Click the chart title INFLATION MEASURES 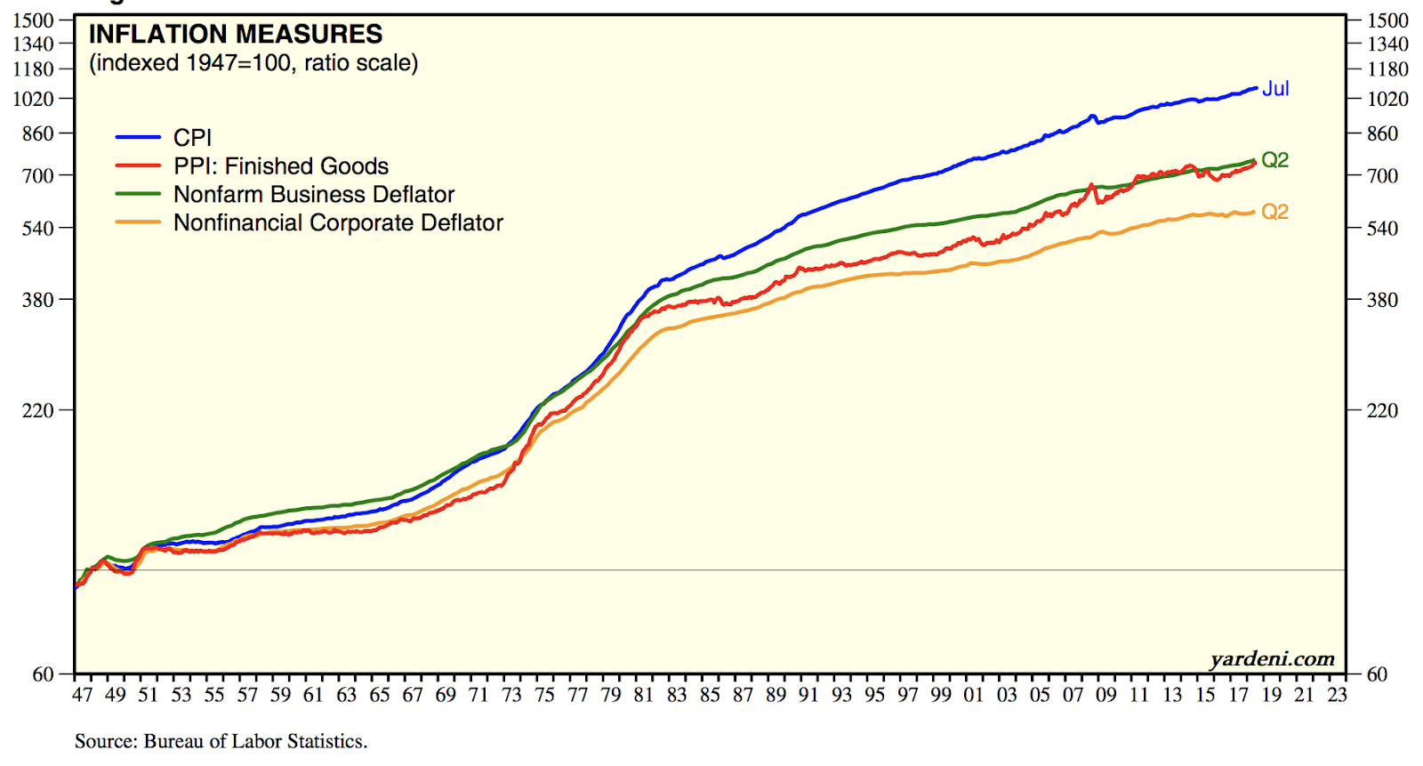tap(236, 35)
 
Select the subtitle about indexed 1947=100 tap(253, 63)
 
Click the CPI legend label tap(192, 138)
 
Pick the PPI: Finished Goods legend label tap(281, 166)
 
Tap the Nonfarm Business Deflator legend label tap(314, 195)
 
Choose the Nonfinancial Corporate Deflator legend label tap(338, 223)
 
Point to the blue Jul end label tap(1275, 89)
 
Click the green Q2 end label tap(1274, 160)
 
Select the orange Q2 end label tap(1274, 212)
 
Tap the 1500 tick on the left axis tap(34, 20)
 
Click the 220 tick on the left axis tap(38, 411)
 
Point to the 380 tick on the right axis tap(1382, 300)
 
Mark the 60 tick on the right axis tap(1377, 674)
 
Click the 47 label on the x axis tap(82, 695)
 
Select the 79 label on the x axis tap(610, 695)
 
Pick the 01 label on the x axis tap(974, 695)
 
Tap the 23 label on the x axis tap(1337, 695)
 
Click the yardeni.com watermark tap(1272, 659)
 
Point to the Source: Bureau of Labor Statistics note tap(221, 741)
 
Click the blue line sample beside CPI tap(138, 138)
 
